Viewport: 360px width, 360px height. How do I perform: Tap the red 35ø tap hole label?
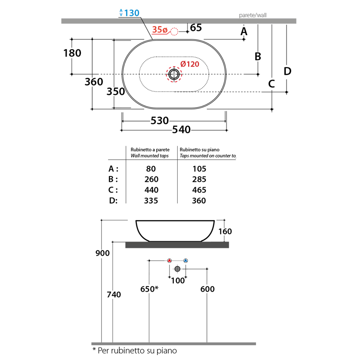tap(160, 30)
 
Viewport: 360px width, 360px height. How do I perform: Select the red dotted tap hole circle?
tap(174, 31)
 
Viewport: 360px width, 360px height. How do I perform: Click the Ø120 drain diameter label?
tap(189, 64)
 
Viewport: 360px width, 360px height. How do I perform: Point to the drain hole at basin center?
tap(174, 74)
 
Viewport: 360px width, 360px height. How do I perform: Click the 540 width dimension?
tap(181, 130)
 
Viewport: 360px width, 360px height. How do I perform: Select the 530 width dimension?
tap(160, 121)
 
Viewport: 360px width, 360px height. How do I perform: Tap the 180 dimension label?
tap(72, 53)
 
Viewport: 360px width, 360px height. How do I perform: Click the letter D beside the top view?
tap(288, 71)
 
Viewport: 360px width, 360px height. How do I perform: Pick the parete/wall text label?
tap(252, 15)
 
